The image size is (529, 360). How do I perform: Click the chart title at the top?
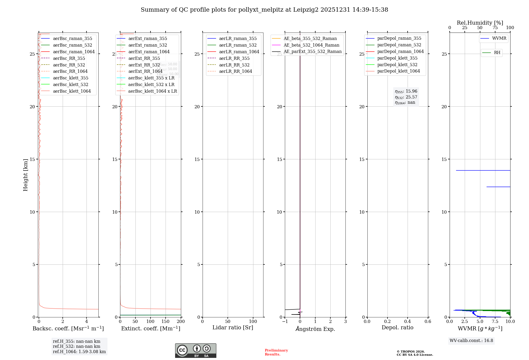pyautogui.click(x=264, y=10)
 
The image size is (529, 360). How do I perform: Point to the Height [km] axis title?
pyautogui.click(x=25, y=175)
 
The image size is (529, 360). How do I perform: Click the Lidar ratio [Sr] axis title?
pyautogui.click(x=233, y=327)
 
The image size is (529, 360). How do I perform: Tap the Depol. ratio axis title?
pyautogui.click(x=397, y=327)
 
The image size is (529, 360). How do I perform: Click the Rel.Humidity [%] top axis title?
pyautogui.click(x=480, y=23)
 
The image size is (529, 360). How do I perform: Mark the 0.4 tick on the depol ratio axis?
pyautogui.click(x=408, y=321)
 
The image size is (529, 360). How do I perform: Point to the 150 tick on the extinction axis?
pyautogui.click(x=166, y=321)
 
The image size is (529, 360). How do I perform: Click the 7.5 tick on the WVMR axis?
pyautogui.click(x=495, y=321)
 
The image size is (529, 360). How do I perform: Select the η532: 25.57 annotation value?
pyautogui.click(x=406, y=97)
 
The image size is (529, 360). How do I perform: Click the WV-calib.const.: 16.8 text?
pyautogui.click(x=471, y=340)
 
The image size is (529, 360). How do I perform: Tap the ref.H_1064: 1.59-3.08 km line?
pyautogui.click(x=79, y=352)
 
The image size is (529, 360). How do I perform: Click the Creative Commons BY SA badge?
pyautogui.click(x=195, y=350)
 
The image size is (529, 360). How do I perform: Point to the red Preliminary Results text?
pyautogui.click(x=276, y=352)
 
